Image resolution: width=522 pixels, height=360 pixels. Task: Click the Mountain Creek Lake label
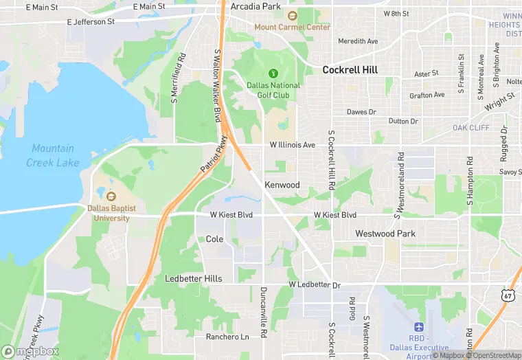coord(53,156)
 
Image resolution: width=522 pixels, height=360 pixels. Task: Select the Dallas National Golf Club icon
coord(273,73)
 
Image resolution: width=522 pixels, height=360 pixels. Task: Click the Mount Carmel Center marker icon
coord(292,16)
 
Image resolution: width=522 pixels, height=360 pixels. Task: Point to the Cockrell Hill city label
coord(350,69)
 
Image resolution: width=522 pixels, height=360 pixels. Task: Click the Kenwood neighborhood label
coord(282,185)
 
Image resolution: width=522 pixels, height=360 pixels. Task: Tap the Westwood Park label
coord(385,234)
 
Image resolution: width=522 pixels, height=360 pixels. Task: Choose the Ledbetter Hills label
coord(194,278)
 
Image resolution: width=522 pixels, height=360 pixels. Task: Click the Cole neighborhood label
coord(214,239)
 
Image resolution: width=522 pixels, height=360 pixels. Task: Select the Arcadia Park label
coord(256,6)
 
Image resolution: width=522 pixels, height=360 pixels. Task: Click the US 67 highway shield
coord(508,295)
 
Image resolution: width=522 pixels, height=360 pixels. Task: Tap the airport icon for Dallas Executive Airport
coord(420,328)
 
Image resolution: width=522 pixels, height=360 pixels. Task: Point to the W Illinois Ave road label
coord(292,145)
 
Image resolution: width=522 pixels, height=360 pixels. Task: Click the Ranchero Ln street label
coord(227,337)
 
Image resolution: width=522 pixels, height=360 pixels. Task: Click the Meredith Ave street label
coord(358,41)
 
